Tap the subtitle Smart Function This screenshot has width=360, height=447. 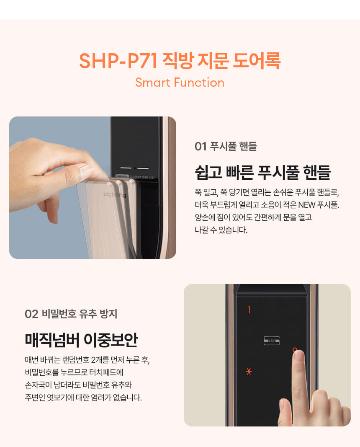pyautogui.click(x=180, y=83)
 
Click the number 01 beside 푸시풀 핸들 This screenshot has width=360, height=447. pyautogui.click(x=201, y=146)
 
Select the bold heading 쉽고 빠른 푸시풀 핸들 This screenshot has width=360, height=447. pyautogui.click(x=263, y=172)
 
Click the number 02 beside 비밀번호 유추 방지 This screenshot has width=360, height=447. pyautogui.click(x=31, y=314)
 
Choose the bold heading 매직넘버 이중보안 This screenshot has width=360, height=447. pyautogui.click(x=81, y=340)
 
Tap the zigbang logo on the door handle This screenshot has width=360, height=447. pyautogui.click(x=114, y=195)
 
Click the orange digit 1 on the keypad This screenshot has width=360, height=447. pyautogui.click(x=249, y=310)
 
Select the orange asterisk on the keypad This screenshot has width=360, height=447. pyautogui.click(x=249, y=372)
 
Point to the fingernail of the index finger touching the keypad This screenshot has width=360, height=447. pyautogui.click(x=298, y=356)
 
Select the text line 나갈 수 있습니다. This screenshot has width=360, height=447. pyautogui.click(x=221, y=230)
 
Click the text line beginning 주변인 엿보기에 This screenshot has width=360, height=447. pyautogui.click(x=83, y=397)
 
